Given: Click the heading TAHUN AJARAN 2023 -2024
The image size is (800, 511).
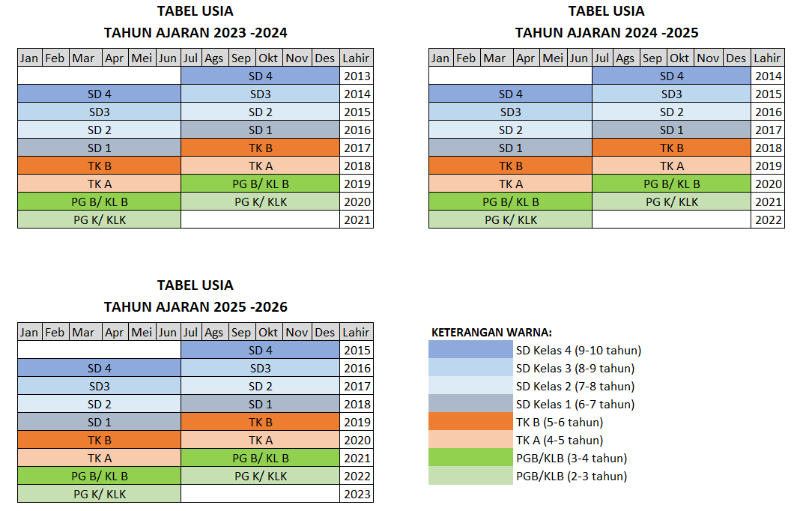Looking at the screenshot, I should [x=196, y=33].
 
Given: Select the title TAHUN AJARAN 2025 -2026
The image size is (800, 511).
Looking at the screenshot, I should [x=196, y=307].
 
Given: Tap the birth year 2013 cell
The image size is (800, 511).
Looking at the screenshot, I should [x=357, y=76].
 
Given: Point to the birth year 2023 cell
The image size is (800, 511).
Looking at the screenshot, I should [x=357, y=494].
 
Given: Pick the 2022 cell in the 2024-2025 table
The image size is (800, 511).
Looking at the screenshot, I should [x=768, y=220].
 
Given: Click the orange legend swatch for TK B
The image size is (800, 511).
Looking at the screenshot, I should [x=470, y=422].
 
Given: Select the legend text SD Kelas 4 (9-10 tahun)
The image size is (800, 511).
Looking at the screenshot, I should [x=578, y=350].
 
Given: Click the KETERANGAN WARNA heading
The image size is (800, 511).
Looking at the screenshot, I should [x=491, y=333].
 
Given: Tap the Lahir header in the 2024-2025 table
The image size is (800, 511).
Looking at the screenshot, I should [x=767, y=58].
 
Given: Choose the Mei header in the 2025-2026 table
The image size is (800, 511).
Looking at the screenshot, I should [x=141, y=332].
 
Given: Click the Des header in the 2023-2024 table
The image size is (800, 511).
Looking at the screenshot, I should [x=325, y=58].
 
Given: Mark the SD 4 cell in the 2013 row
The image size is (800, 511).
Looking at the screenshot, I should [x=261, y=76].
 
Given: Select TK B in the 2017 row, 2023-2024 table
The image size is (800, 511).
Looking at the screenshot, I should [x=261, y=148].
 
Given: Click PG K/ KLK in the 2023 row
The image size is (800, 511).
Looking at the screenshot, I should [x=100, y=494].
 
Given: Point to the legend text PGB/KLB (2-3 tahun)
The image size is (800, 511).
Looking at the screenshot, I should [x=572, y=476].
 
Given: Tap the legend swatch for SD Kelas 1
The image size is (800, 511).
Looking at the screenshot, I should [x=470, y=404].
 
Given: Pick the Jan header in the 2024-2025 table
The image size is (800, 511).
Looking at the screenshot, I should [x=440, y=58].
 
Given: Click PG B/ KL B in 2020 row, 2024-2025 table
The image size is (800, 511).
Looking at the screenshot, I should [x=672, y=184].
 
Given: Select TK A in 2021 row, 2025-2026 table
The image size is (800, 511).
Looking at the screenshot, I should [x=100, y=458].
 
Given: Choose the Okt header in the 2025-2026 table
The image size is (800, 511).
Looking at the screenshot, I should [x=268, y=332].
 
